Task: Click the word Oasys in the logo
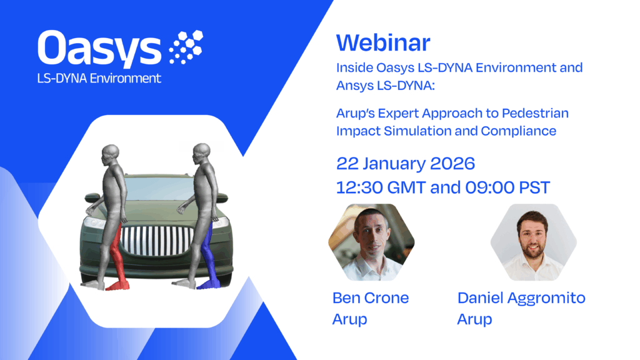point(99,49)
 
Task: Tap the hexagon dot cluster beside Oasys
point(186,47)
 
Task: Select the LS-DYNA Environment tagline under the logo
point(99,78)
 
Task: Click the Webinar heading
point(383,42)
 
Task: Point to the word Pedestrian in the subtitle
point(535,112)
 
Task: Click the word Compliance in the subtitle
point(518,131)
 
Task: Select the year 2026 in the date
point(452,163)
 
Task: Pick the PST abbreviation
point(534,187)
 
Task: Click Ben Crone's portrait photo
point(371,242)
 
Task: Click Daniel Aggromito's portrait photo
point(534,242)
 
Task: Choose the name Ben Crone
point(371,297)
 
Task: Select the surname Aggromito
point(546,298)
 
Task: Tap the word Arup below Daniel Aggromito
point(474,319)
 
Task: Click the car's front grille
point(157,241)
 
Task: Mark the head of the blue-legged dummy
point(201,152)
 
